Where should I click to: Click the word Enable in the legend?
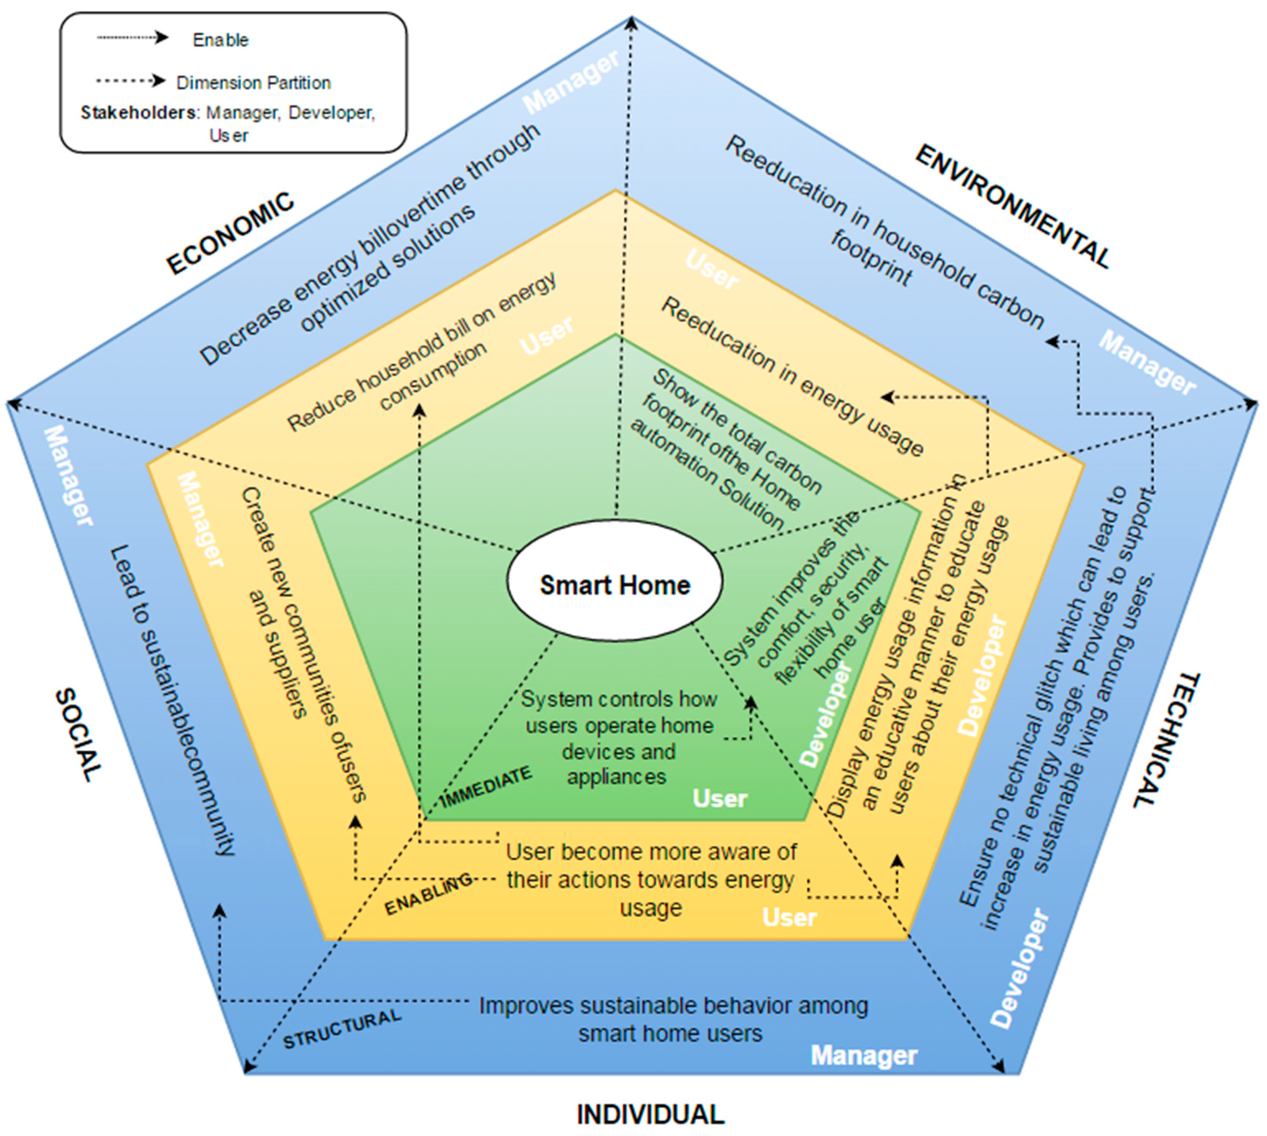click(220, 40)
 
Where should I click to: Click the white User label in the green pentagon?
click(720, 798)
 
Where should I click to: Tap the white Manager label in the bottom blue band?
click(864, 1055)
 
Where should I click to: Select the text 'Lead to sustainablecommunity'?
click(172, 699)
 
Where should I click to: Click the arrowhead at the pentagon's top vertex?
click(631, 24)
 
